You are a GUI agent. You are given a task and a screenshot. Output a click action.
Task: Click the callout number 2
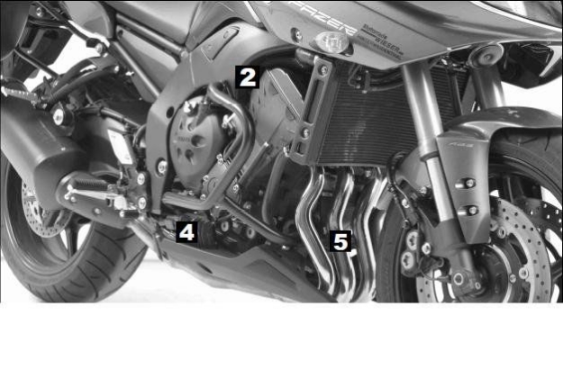pyautogui.click(x=248, y=77)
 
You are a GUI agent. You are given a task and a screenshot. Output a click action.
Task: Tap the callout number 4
pyautogui.click(x=186, y=231)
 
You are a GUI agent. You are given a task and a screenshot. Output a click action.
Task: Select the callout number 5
pyautogui.click(x=341, y=241)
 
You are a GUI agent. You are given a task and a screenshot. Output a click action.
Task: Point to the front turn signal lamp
pyautogui.click(x=331, y=41)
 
